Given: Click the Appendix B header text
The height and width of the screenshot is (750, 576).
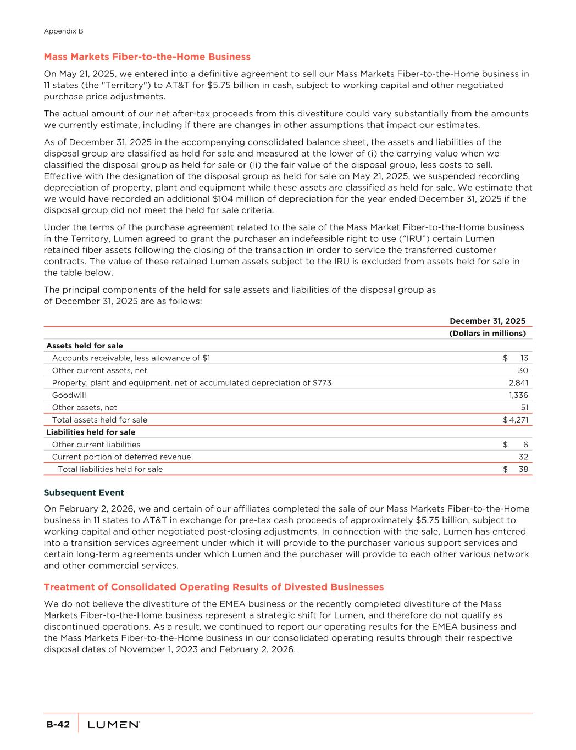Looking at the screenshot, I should click(63, 31).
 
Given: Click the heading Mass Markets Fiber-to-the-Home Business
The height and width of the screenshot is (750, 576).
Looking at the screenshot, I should click(147, 57).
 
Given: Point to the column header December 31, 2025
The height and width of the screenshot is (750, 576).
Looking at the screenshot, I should click(487, 321).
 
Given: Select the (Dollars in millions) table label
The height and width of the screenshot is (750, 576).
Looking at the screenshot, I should click(487, 334).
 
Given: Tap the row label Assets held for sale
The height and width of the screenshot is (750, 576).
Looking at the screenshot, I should click(84, 346).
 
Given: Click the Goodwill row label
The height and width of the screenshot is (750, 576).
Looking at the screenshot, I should click(69, 395).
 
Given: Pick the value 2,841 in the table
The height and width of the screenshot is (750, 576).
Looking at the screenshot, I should click(518, 383).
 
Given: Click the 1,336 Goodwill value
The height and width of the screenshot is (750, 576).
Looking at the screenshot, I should click(518, 395).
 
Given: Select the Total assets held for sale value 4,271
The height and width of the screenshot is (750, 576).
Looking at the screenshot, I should click(518, 420).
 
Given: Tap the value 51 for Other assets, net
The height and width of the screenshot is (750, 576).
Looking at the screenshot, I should click(524, 408).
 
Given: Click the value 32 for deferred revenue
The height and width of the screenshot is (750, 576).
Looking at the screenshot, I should click(523, 457).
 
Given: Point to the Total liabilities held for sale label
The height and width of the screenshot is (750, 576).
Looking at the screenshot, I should click(110, 469).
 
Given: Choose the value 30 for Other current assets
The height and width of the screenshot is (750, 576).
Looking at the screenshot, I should click(523, 370).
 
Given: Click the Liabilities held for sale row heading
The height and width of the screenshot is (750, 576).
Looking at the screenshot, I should click(90, 432).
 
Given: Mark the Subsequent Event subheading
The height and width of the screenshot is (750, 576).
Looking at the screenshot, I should click(84, 492).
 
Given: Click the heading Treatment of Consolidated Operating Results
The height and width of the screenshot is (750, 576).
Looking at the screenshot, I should click(213, 587).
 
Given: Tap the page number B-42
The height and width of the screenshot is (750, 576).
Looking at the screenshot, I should click(58, 725).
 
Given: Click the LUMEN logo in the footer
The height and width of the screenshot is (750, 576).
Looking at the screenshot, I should click(113, 725).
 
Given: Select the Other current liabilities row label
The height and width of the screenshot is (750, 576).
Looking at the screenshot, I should click(96, 445).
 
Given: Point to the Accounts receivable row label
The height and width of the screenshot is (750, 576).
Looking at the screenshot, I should click(131, 358).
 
